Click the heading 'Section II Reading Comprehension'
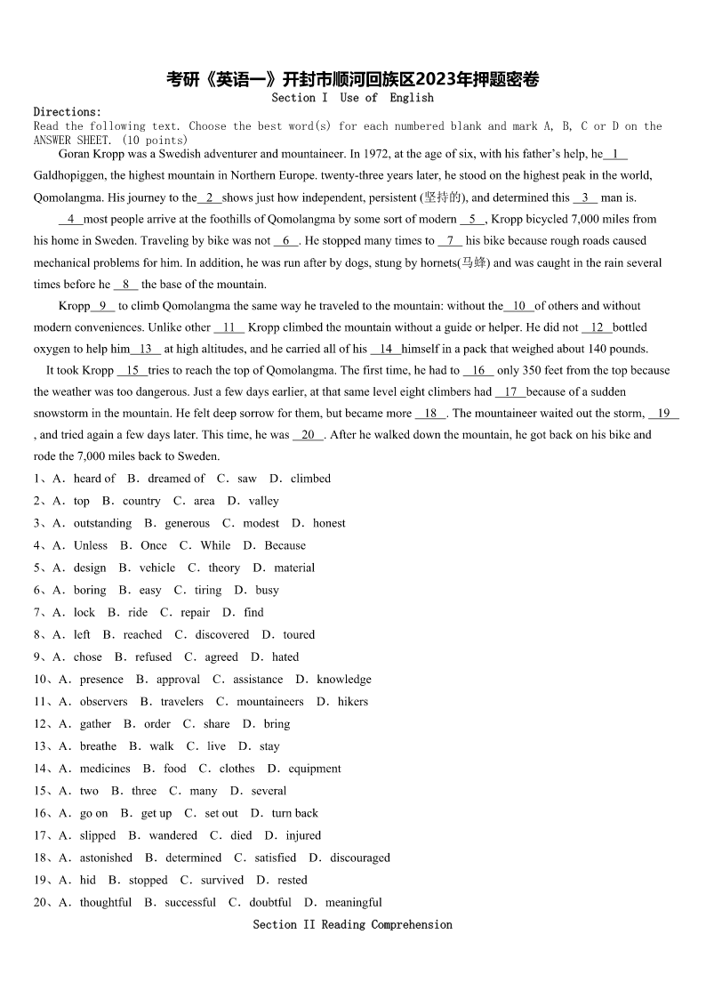[352, 924]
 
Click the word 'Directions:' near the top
[68, 112]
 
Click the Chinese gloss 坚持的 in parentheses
[443, 197]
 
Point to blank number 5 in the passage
[472, 219]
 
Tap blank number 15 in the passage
[132, 370]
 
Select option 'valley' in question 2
[263, 501]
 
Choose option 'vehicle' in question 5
[157, 568]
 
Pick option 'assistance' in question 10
[258, 679]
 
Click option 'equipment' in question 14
[314, 769]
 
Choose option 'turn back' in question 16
[294, 813]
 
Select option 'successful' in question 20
[190, 902]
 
